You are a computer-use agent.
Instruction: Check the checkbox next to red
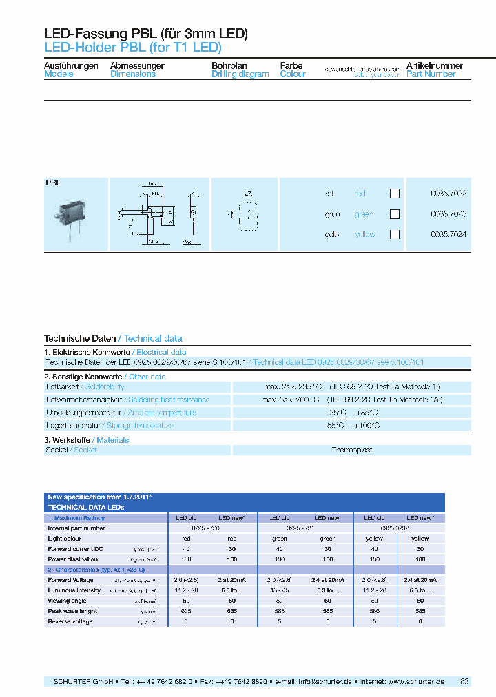click(x=395, y=194)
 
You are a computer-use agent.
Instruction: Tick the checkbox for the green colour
click(x=395, y=214)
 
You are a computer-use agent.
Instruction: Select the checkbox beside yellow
click(x=395, y=235)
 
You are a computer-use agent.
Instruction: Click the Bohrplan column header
click(x=229, y=66)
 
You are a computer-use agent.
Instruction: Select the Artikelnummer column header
click(x=434, y=66)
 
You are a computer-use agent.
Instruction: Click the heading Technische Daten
click(x=80, y=338)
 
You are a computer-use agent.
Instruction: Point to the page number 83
click(x=464, y=681)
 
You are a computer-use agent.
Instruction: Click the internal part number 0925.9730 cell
click(x=211, y=528)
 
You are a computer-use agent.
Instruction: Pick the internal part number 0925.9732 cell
click(x=399, y=528)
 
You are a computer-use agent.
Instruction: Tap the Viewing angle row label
click(x=67, y=600)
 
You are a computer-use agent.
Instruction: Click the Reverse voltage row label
click(x=70, y=622)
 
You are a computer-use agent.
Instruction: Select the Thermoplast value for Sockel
click(x=351, y=450)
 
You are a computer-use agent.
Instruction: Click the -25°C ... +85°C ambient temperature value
click(x=351, y=413)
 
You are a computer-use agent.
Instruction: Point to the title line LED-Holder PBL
click(x=132, y=48)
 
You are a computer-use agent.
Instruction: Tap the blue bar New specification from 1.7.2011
click(x=245, y=497)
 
